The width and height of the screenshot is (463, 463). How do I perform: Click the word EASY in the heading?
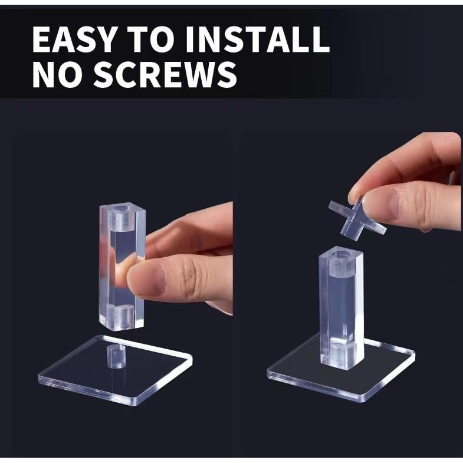(74, 40)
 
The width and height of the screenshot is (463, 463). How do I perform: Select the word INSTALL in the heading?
(258, 40)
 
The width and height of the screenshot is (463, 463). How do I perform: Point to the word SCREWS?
(165, 74)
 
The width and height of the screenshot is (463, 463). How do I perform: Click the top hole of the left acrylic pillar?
(122, 209)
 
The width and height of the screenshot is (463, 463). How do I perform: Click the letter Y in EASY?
(103, 40)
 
